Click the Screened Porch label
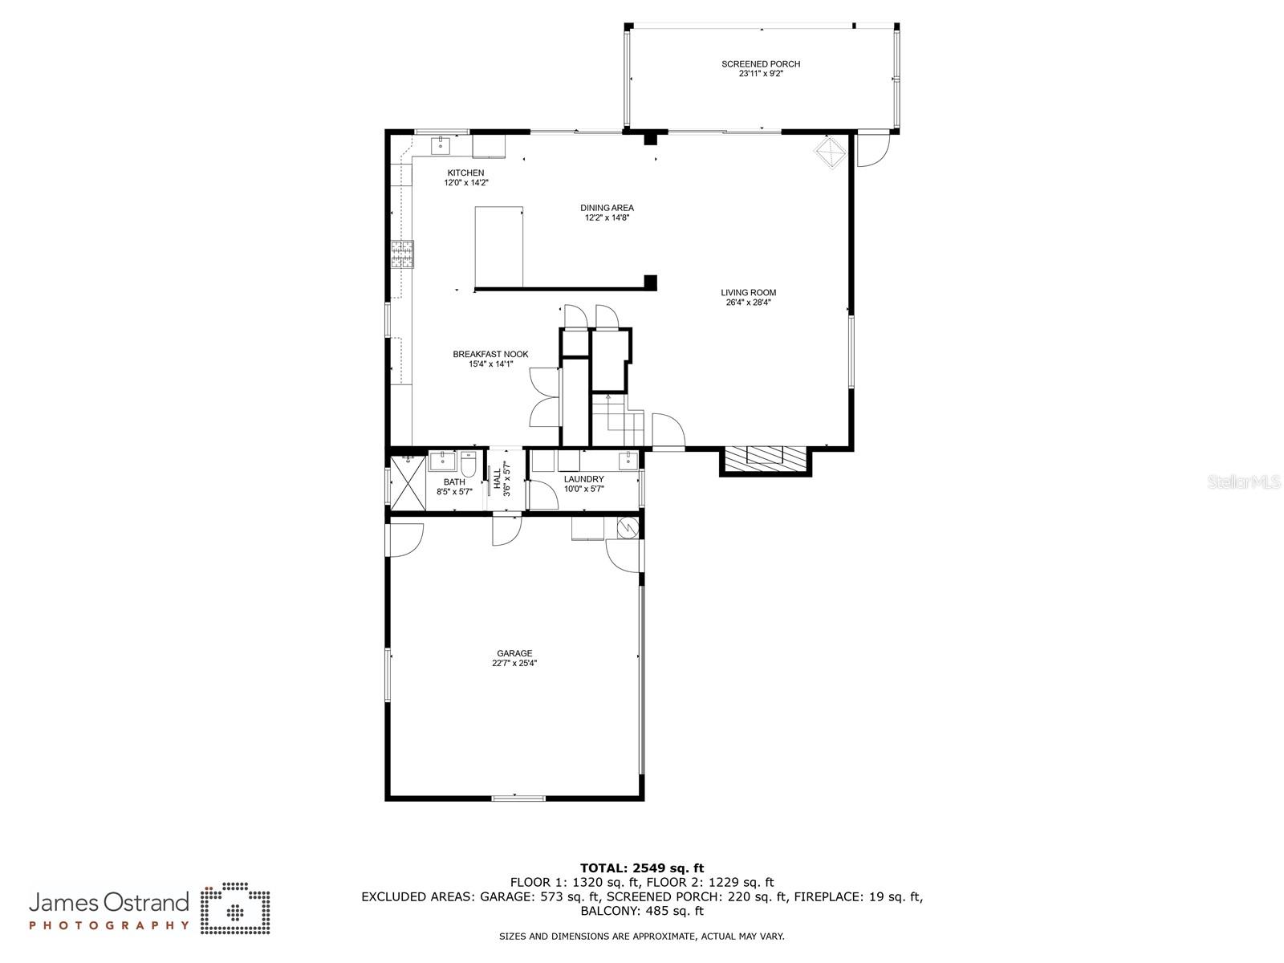[x=760, y=64]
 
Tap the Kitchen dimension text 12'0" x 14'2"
[x=466, y=183]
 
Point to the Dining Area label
[x=607, y=208]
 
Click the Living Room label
[x=748, y=293]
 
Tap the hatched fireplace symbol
[x=766, y=459]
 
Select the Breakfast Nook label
[x=490, y=354]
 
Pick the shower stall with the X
[x=407, y=481]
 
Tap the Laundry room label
[x=583, y=479]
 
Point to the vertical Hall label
[x=498, y=480]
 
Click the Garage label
[x=514, y=654]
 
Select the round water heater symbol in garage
[x=626, y=527]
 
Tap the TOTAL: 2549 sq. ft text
[x=642, y=868]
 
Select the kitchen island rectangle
[x=499, y=246]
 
